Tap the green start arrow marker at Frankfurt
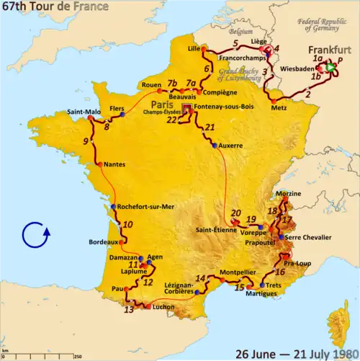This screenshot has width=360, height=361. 330,68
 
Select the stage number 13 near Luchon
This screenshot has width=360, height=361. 129,310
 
